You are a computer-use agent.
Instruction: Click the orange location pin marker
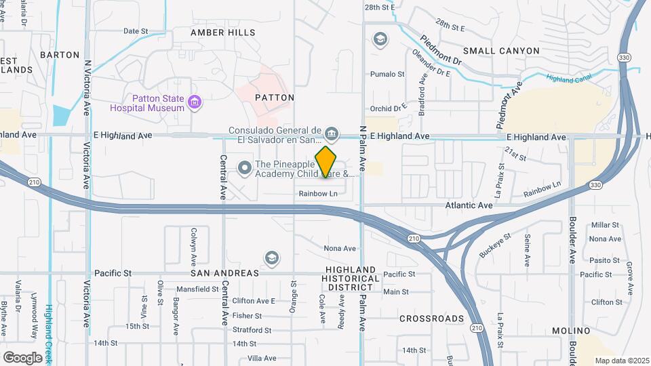coord(325,162)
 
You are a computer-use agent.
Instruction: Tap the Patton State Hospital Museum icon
coord(195,103)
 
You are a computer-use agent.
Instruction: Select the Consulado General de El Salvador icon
coord(332,132)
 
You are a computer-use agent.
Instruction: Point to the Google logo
coord(22,357)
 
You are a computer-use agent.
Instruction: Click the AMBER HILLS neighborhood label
coord(222,33)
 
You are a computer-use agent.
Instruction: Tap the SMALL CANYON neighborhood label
coord(501,51)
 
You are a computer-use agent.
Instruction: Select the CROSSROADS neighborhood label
coord(431,319)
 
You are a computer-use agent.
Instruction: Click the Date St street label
coord(136,31)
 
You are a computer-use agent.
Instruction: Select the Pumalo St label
coord(387,75)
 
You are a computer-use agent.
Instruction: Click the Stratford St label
coord(251,330)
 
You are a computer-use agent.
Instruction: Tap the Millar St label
coord(605,225)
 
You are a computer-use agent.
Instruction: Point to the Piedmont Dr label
coord(441,50)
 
